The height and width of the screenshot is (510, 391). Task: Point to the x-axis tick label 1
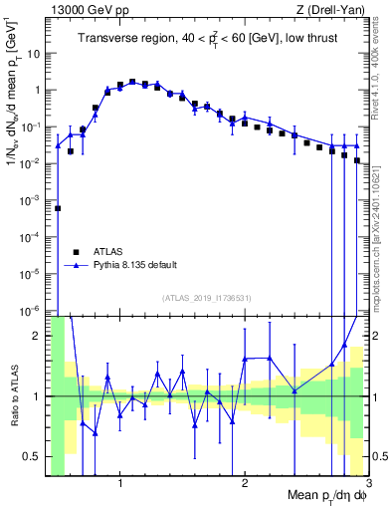pyautogui.click(x=120, y=485)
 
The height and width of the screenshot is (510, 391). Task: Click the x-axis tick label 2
pyautogui.click(x=245, y=485)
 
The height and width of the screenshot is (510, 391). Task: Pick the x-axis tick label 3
pyautogui.click(x=367, y=485)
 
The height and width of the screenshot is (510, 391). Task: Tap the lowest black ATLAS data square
pyautogui.click(x=58, y=208)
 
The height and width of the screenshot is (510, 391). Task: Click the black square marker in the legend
pyautogui.click(x=77, y=250)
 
